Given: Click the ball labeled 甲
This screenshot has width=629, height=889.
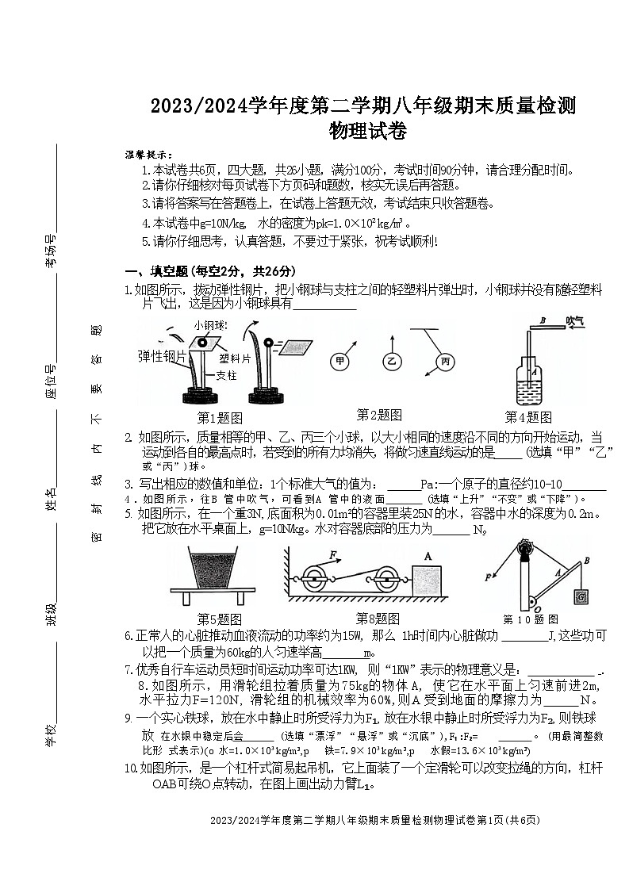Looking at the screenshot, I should (340, 362).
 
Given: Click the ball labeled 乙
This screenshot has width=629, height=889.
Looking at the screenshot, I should (391, 362).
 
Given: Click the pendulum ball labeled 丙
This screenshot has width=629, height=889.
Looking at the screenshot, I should (444, 362).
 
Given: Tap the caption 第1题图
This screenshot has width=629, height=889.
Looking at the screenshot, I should (220, 417).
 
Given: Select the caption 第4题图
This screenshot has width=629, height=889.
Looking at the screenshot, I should (528, 417).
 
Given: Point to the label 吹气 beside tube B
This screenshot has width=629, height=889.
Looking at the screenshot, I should (575, 320).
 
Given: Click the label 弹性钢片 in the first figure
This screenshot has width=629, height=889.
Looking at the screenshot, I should (163, 356).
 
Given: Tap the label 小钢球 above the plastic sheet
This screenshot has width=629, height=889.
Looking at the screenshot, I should (210, 325).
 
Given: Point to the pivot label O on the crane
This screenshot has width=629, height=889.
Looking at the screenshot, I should (538, 608).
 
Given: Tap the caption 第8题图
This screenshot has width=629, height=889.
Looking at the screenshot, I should (378, 619).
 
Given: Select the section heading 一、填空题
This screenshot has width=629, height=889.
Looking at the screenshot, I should (163, 270).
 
